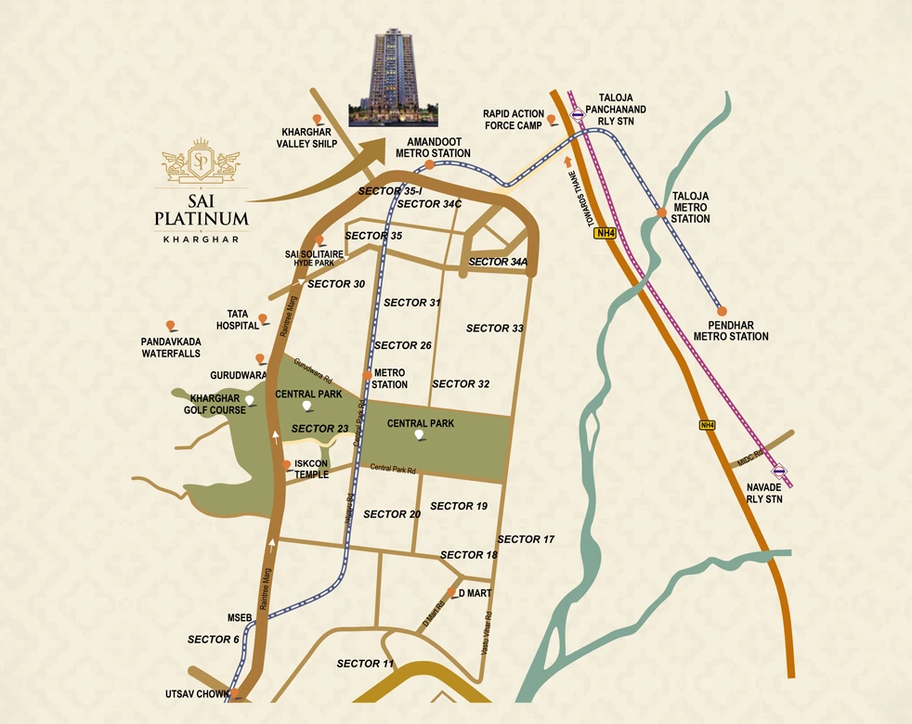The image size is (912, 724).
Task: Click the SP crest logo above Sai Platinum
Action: click(x=201, y=162)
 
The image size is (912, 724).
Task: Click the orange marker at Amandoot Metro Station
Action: click(x=430, y=165)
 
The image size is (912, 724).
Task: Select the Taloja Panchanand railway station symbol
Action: click(x=577, y=115)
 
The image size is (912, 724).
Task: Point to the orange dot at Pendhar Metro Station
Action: click(x=722, y=311)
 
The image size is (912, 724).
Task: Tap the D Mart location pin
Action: click(x=451, y=592)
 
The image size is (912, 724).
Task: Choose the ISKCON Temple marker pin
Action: click(x=285, y=464)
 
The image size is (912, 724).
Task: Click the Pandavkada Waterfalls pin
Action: click(x=171, y=326)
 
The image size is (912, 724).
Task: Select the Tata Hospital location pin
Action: click(x=263, y=319)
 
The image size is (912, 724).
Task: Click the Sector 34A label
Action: click(x=498, y=262)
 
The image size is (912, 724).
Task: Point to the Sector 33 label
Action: click(x=495, y=328)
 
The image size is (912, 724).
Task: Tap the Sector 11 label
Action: click(x=365, y=664)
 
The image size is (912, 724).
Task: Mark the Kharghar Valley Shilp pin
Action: click(x=318, y=119)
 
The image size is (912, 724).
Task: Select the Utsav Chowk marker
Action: click(x=236, y=692)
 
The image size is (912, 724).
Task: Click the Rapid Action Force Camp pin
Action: click(x=552, y=119)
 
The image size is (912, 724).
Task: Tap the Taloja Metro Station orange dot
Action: click(x=661, y=213)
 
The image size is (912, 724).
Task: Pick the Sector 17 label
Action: click(x=526, y=539)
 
